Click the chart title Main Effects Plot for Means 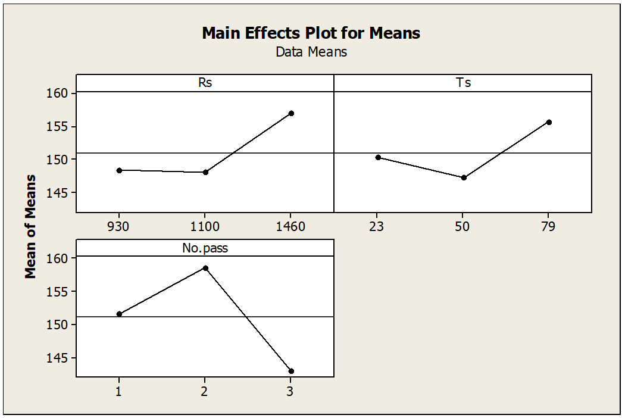point(311,33)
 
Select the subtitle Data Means point(311,52)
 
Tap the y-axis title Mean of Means point(30,227)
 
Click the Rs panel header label point(205,83)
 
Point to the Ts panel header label point(463,83)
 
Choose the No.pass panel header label point(205,248)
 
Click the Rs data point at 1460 point(291,113)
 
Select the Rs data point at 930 point(119,170)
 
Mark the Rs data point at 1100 point(205,172)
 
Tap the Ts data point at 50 point(464,177)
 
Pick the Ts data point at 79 point(549,122)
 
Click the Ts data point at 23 point(378,157)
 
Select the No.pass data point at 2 point(205,268)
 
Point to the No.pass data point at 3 point(291,371)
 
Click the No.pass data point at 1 point(119,314)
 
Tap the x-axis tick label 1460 point(291,227)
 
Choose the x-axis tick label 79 point(549,227)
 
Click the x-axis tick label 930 point(119,227)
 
